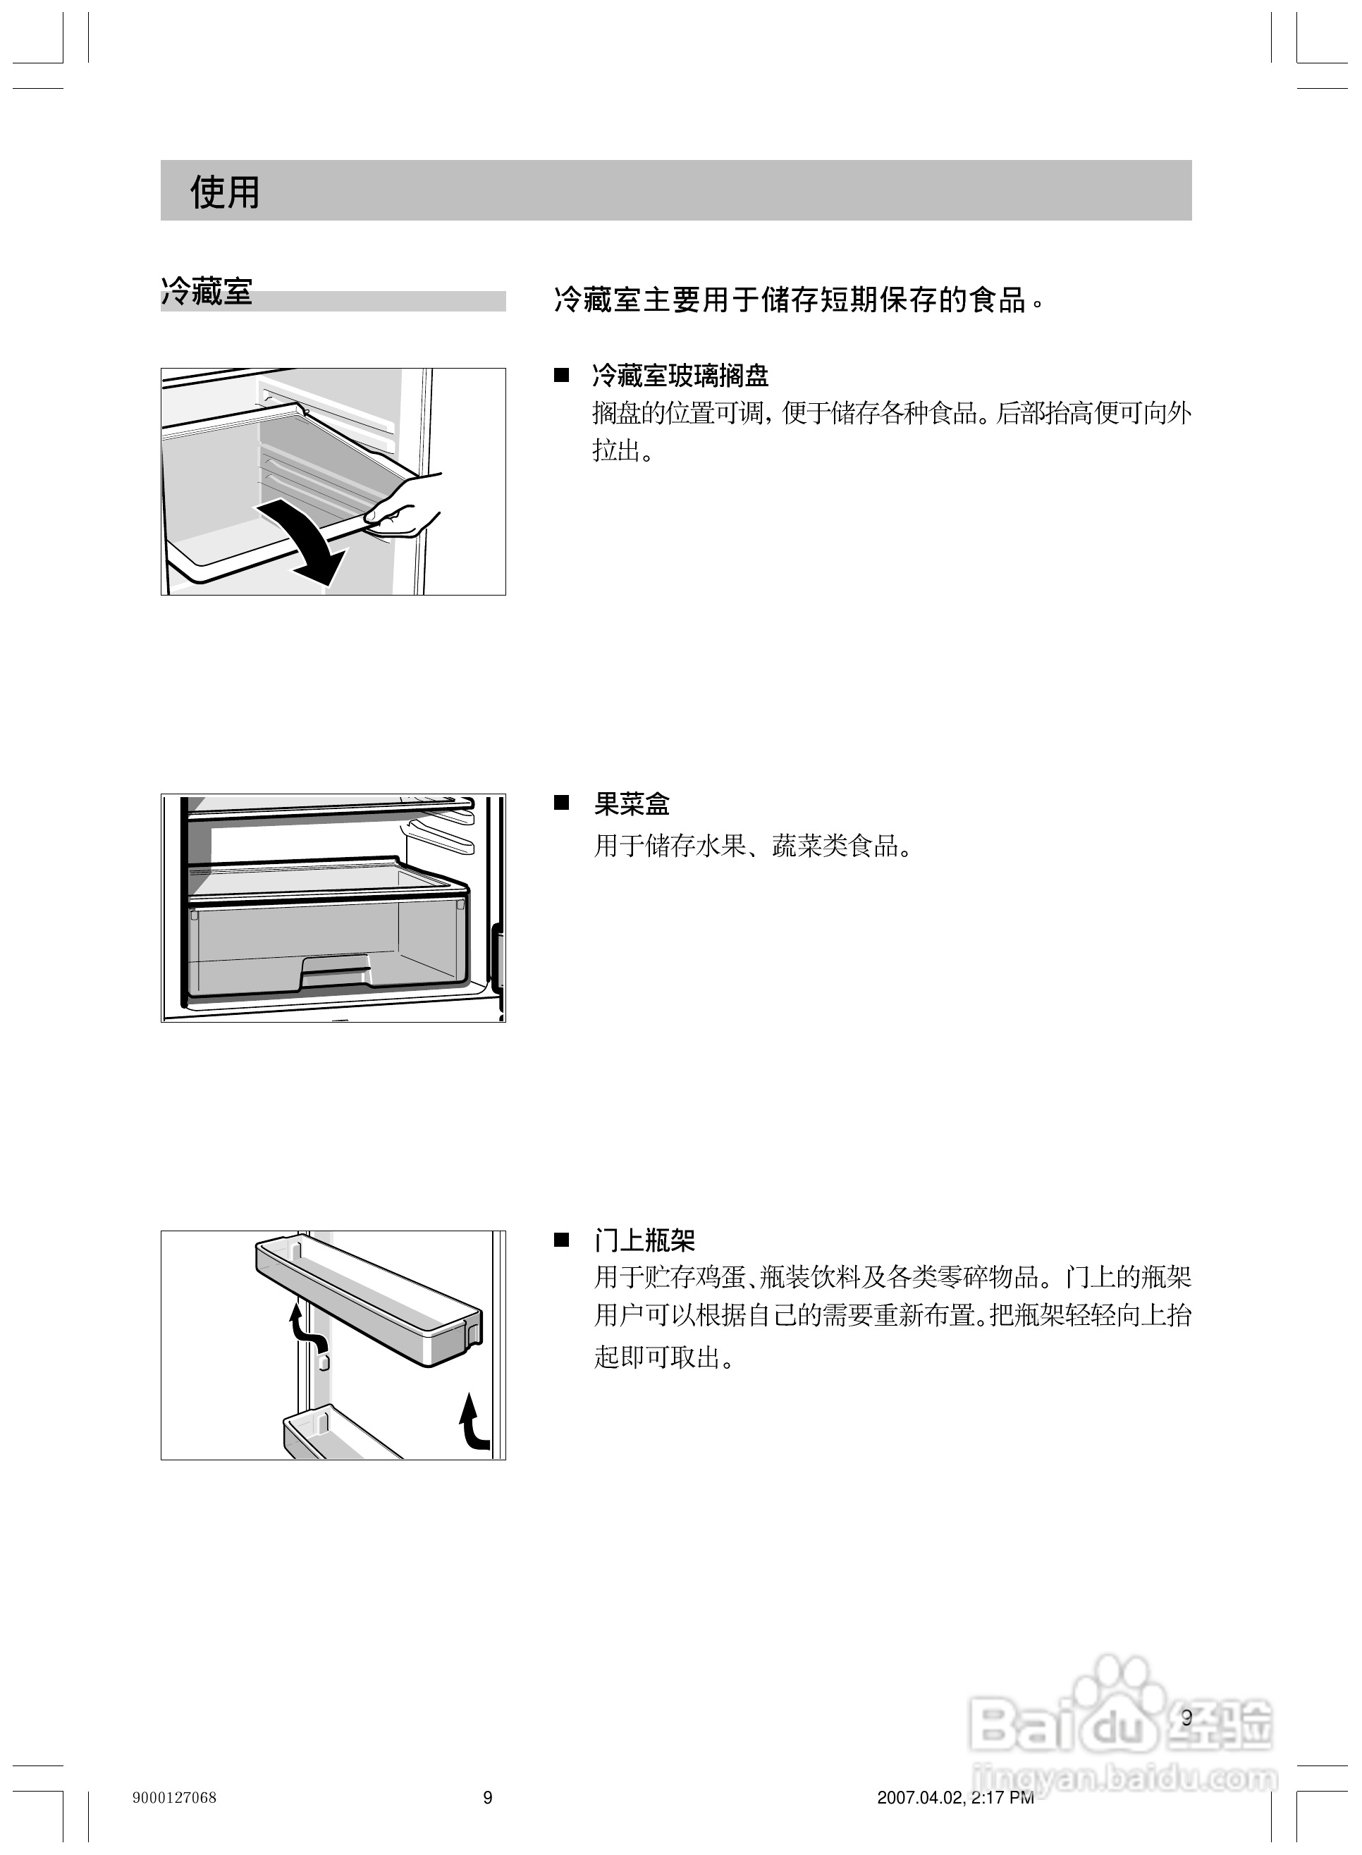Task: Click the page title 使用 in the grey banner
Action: coord(224,192)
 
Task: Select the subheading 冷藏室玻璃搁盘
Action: coord(680,376)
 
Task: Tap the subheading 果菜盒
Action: coord(632,803)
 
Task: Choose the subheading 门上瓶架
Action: coord(645,1240)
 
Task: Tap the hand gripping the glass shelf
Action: coord(408,507)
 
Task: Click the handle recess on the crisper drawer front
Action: coord(336,970)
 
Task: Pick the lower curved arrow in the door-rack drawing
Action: coord(473,1421)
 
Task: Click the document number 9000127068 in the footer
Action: coord(174,1797)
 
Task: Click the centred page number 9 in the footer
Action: coord(487,1797)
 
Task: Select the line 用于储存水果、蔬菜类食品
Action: coord(753,846)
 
